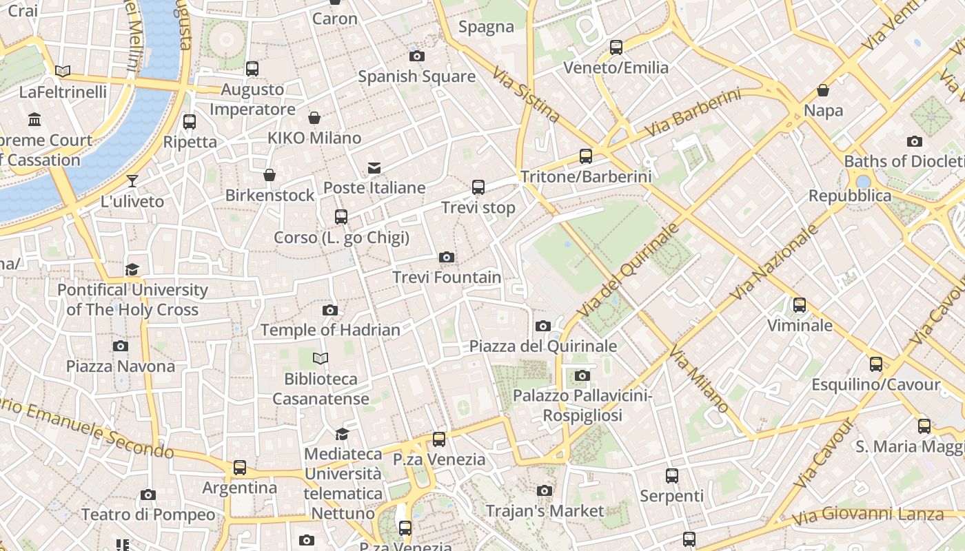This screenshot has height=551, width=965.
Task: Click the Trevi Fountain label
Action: click(447, 278)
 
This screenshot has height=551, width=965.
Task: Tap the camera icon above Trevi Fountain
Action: click(447, 258)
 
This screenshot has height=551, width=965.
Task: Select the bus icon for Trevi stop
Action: click(478, 187)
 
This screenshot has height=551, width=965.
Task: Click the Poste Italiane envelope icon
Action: click(374, 168)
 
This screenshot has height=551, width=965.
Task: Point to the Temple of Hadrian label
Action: click(330, 331)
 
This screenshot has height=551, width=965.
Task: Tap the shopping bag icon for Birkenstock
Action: click(270, 176)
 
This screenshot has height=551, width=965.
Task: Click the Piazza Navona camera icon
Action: click(121, 346)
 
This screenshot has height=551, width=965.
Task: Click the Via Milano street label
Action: click(699, 381)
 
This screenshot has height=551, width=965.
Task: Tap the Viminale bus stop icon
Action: click(800, 305)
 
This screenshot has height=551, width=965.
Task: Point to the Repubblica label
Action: click(850, 196)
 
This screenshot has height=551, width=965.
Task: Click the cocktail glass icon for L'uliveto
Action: click(132, 181)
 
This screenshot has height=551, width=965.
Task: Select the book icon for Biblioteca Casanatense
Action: click(321, 358)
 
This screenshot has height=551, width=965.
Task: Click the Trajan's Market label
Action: click(545, 511)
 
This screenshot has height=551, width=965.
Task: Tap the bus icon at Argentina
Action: click(240, 468)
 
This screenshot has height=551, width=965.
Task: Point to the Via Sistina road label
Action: click(526, 94)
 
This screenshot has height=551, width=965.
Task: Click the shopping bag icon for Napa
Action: click(823, 90)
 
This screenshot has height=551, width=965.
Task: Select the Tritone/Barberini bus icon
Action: click(586, 156)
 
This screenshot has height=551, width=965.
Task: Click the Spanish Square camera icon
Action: click(417, 56)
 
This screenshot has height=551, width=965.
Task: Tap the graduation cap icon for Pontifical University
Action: click(132, 269)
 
